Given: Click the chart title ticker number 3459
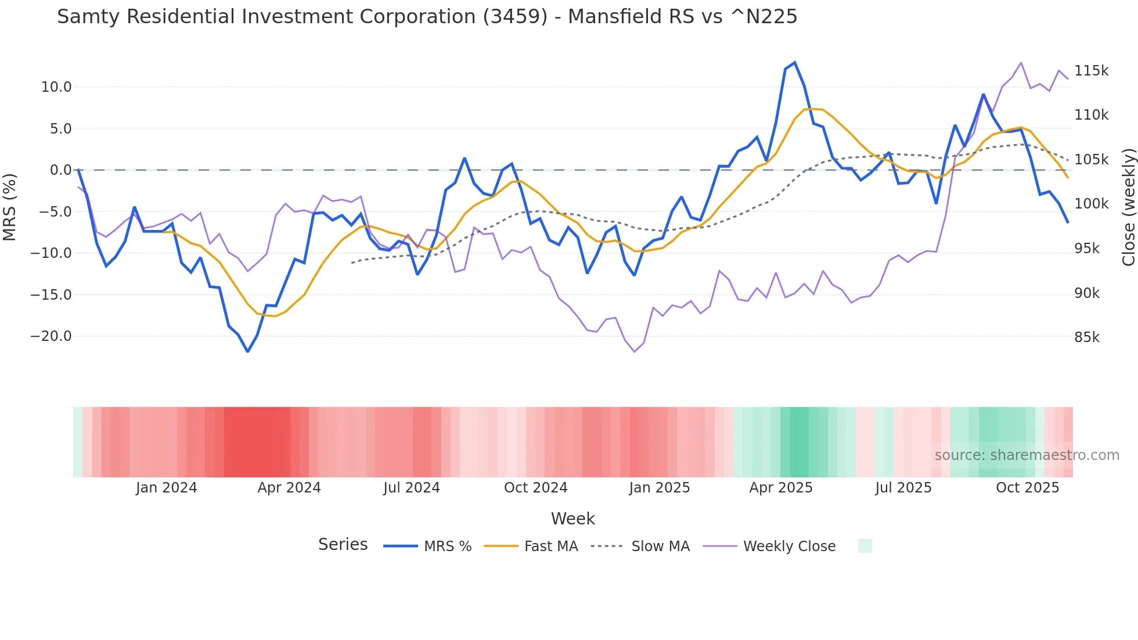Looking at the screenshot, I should click(x=514, y=17).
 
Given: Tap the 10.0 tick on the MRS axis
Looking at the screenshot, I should click(x=56, y=87).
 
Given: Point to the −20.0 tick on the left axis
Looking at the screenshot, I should click(x=51, y=336).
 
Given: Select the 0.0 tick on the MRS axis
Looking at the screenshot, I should click(x=60, y=170).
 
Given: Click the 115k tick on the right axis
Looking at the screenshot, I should click(x=1091, y=71).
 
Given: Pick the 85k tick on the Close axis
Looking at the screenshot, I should click(x=1086, y=337).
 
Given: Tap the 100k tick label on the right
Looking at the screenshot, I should click(x=1091, y=204).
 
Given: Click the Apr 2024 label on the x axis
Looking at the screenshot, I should click(x=289, y=488).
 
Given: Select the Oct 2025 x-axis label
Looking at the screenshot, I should click(x=1027, y=488).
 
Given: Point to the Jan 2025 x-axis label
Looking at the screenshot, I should click(x=659, y=488).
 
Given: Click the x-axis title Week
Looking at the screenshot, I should click(x=572, y=519).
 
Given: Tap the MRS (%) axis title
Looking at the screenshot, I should click(x=9, y=207).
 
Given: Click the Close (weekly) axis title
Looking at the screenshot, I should click(x=1128, y=207).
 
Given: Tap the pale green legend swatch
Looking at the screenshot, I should click(x=865, y=546).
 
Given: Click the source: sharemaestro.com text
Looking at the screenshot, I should click(x=1027, y=455).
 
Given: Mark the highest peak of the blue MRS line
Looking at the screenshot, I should click(x=795, y=63).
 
